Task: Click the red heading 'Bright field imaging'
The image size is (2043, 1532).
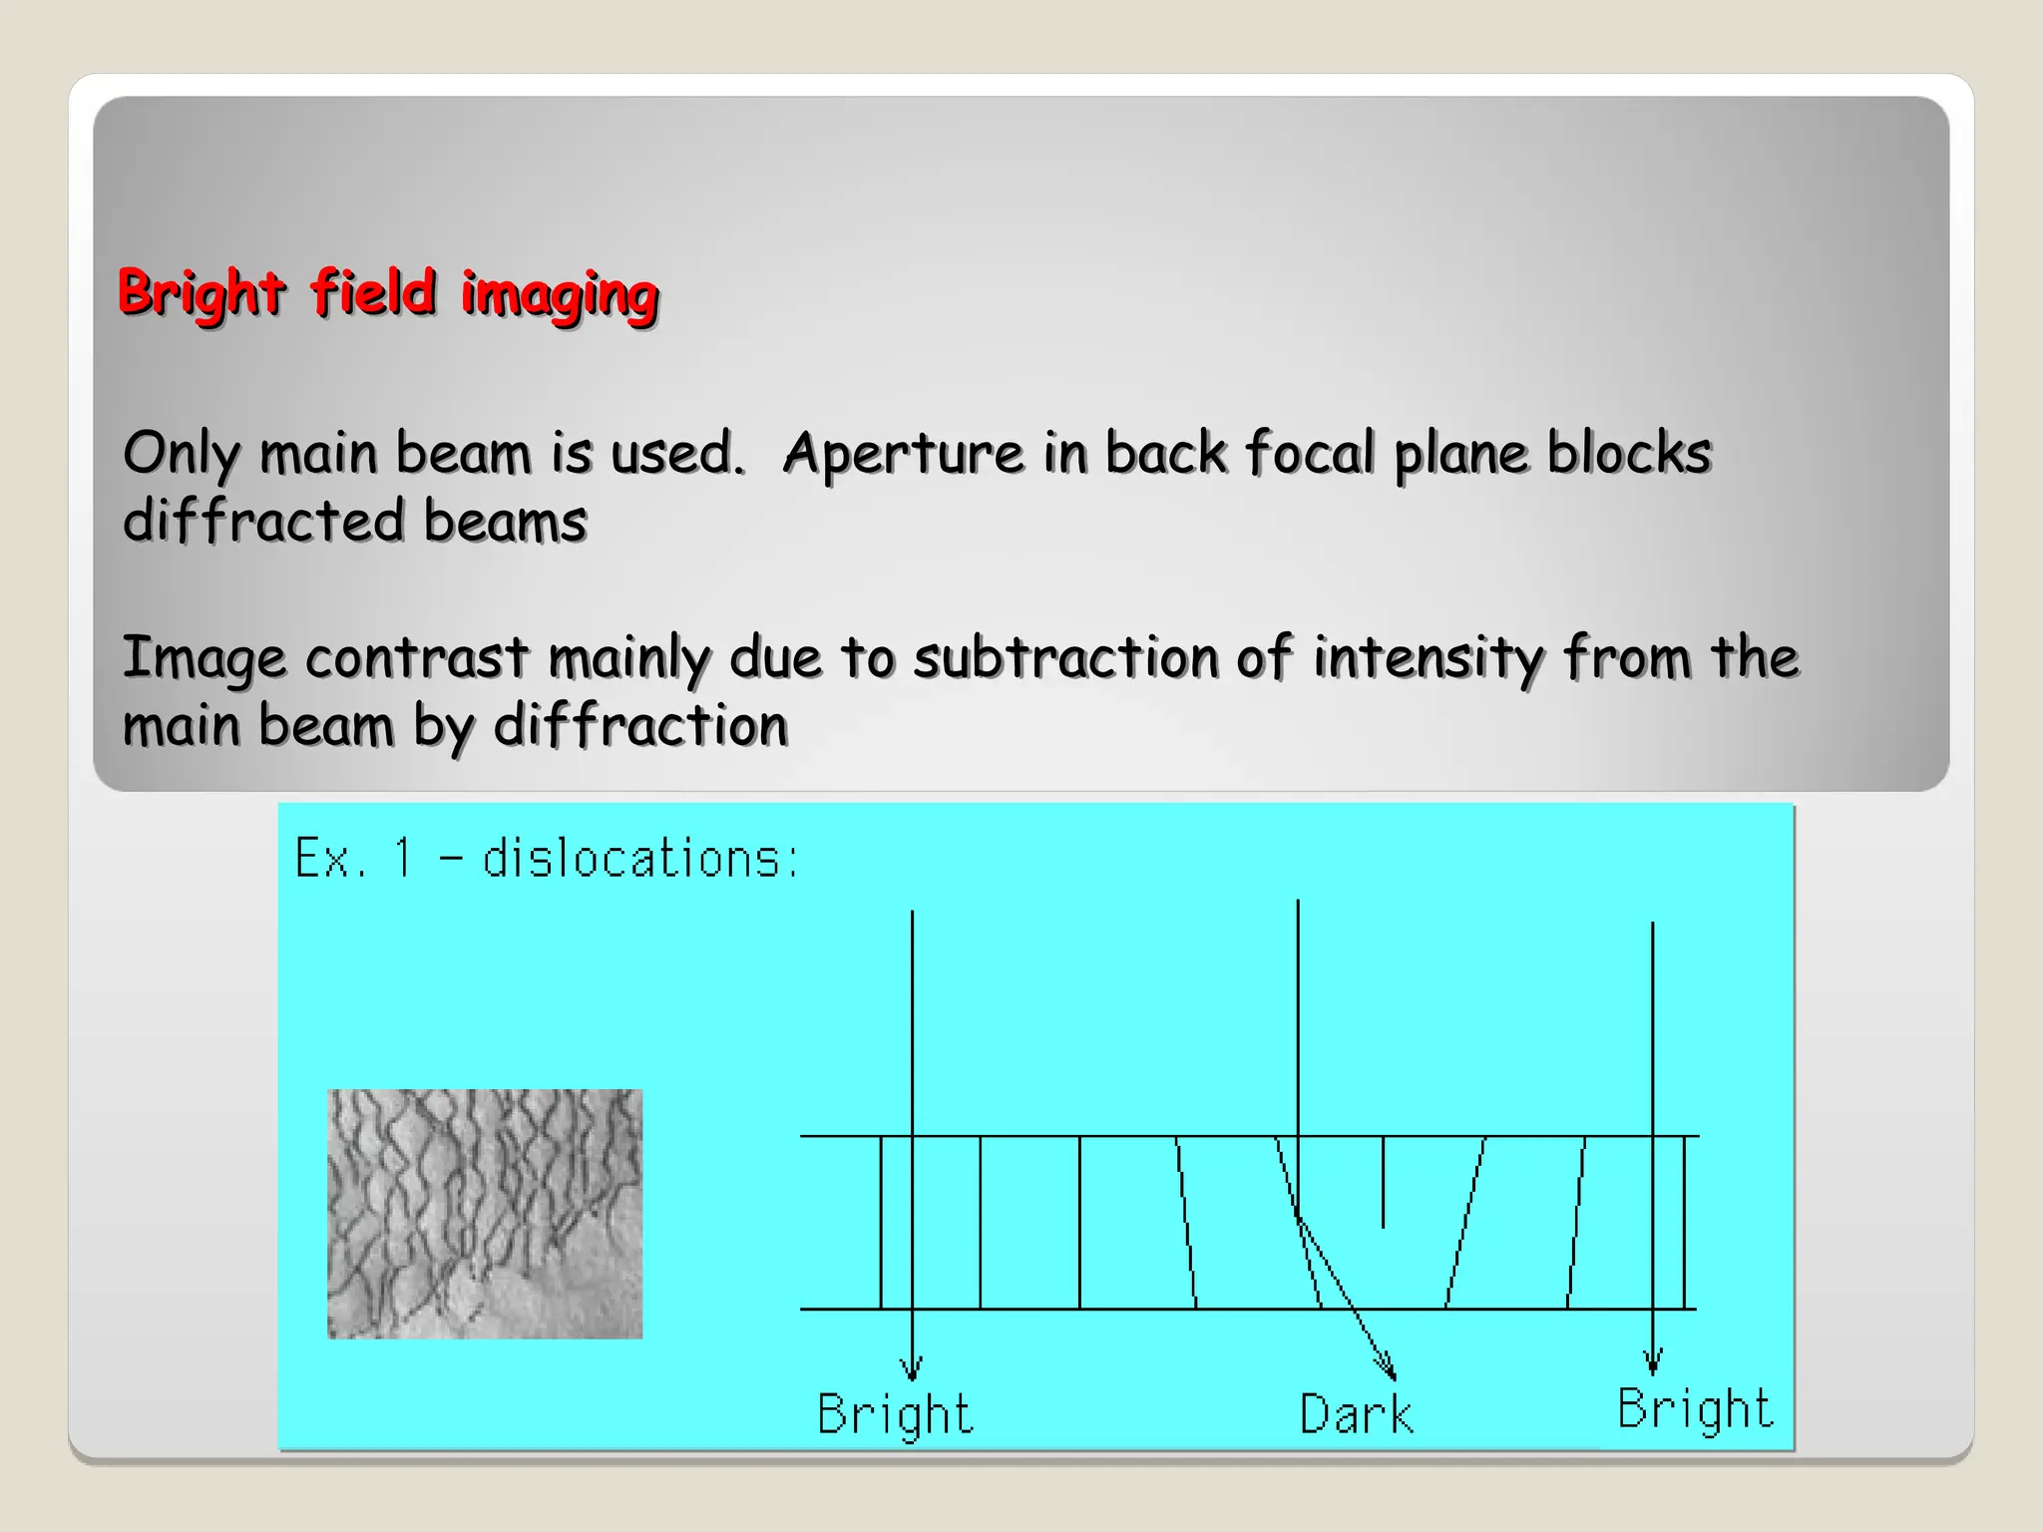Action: (388, 293)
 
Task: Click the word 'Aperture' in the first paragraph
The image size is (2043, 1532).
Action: (904, 454)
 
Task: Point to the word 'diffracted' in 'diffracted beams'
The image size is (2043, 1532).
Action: (263, 521)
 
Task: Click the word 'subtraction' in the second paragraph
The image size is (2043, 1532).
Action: (1066, 658)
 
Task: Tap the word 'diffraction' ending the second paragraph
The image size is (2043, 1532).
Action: (640, 725)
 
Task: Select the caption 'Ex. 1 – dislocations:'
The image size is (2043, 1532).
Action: (547, 859)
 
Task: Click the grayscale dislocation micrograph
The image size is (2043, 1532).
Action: (485, 1213)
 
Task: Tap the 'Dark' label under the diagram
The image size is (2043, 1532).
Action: (1356, 1414)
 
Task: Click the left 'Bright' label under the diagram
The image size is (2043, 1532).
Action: (895, 1414)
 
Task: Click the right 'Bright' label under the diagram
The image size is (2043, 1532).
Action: (1695, 1408)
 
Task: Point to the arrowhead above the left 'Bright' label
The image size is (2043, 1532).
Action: (911, 1368)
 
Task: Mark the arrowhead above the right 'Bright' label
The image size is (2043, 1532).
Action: (1653, 1362)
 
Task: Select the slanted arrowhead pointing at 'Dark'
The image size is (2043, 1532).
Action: (1387, 1368)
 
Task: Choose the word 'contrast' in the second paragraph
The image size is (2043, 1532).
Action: (416, 658)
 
